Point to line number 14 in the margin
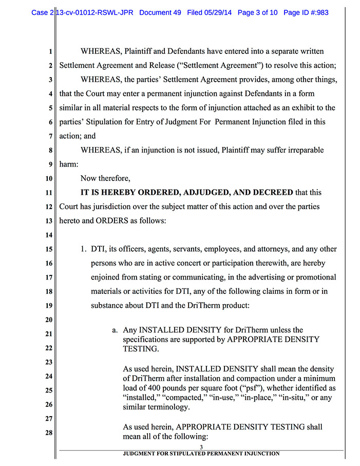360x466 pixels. tap(49, 235)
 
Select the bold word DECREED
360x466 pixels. tap(269, 193)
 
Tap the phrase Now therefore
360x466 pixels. tap(105, 179)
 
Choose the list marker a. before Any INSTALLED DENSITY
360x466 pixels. tap(116, 330)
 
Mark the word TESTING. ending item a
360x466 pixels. tap(142, 349)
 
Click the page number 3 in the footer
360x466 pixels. tap(201, 447)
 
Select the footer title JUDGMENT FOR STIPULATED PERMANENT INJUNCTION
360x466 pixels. tap(201, 454)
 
